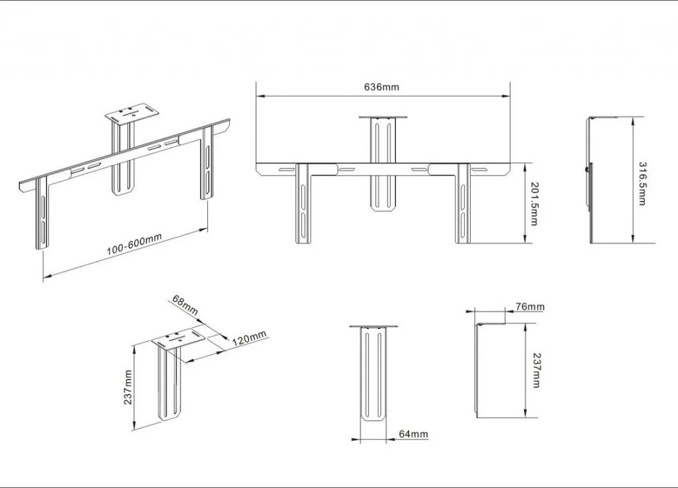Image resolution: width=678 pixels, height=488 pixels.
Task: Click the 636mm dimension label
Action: [x=381, y=87]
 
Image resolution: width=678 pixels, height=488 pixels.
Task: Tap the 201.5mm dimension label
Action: [x=534, y=204]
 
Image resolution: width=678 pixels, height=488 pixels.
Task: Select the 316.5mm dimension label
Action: [x=643, y=183]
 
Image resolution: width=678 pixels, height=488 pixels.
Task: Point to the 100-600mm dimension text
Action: [x=134, y=244]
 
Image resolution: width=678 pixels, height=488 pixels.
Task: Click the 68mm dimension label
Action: [x=185, y=305]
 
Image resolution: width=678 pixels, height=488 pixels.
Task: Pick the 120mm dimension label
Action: [x=250, y=338]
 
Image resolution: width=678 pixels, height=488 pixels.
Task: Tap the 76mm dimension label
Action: [x=530, y=307]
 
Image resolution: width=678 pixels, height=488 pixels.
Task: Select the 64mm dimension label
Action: [x=413, y=434]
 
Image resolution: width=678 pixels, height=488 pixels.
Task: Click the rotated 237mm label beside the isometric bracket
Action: [x=128, y=387]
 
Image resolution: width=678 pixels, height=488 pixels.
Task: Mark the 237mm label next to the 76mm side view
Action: [x=536, y=371]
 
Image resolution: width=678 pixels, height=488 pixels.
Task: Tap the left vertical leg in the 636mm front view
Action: [x=303, y=203]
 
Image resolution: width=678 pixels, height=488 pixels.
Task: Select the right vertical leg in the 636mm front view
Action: [x=462, y=203]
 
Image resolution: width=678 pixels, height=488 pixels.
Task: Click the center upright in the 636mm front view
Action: [x=383, y=164]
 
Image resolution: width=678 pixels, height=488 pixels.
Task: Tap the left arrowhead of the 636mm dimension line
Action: [x=260, y=96]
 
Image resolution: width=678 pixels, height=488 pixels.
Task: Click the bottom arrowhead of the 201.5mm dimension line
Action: [x=524, y=239]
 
